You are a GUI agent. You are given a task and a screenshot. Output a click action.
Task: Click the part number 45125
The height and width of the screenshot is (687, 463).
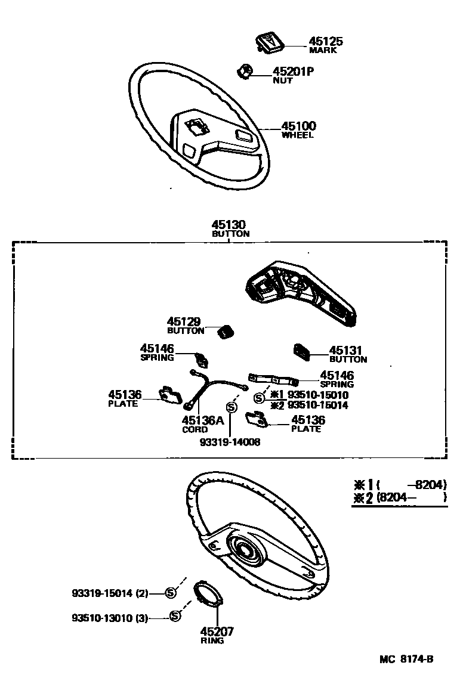325,42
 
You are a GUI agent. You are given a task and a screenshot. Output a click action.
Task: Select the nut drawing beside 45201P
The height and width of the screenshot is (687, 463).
245,71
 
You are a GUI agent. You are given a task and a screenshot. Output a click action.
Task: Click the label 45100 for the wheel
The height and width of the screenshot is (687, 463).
299,126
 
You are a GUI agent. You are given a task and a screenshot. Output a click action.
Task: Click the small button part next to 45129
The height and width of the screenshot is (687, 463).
226,332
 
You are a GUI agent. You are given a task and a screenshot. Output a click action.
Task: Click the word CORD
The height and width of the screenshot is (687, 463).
195,429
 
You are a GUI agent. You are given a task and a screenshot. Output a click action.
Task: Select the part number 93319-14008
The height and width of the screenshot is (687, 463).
230,441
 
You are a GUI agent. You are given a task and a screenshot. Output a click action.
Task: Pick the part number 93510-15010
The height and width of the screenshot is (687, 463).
318,395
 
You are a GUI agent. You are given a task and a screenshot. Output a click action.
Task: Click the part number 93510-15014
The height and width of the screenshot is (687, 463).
318,405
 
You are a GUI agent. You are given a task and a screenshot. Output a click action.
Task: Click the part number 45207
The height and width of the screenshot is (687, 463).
217,632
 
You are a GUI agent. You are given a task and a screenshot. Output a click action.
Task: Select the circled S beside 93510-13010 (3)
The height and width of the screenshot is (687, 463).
175,616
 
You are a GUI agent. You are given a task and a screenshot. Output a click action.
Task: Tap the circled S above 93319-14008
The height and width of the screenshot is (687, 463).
231,407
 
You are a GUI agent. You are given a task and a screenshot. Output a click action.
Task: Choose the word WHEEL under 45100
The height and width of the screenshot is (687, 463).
298,135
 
